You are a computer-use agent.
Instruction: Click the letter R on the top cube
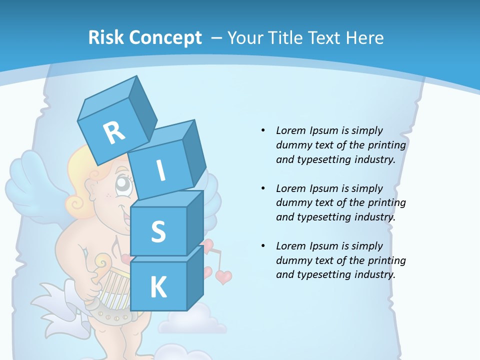(114, 133)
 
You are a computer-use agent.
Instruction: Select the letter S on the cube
(158, 231)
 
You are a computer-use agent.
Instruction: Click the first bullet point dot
(263, 130)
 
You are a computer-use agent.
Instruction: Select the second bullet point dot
(263, 188)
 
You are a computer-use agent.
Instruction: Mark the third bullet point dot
(263, 246)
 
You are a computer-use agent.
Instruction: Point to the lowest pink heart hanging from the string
(223, 276)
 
